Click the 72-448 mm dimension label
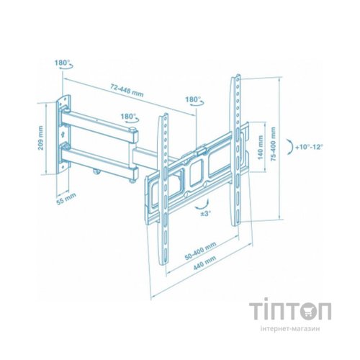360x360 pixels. point(127,90)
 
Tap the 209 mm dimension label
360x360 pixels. point(40,138)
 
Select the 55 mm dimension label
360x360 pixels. point(66,199)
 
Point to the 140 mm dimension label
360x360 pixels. point(260,148)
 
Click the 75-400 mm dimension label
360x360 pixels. point(273,144)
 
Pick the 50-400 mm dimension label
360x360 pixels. point(200,251)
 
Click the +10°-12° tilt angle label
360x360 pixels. point(310,147)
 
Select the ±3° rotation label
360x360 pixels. point(206,213)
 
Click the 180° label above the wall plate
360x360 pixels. point(62,63)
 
